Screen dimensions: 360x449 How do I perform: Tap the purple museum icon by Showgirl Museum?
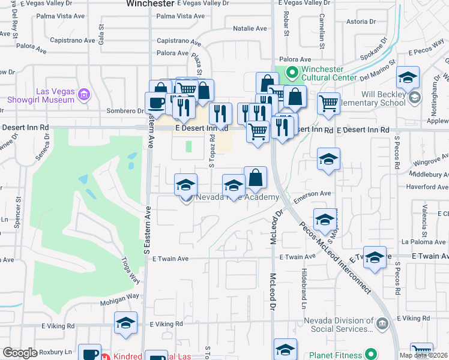point(83,95)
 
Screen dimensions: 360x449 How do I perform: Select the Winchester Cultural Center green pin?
point(292,73)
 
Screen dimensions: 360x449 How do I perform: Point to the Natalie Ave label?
point(250,28)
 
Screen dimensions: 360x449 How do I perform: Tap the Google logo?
point(20,352)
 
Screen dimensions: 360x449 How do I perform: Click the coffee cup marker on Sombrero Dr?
point(156,103)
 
